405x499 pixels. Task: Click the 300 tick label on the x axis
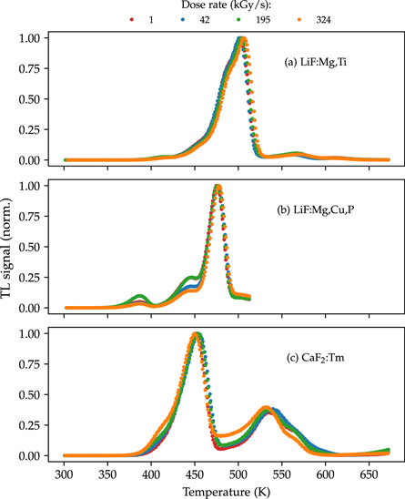point(65,474)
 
